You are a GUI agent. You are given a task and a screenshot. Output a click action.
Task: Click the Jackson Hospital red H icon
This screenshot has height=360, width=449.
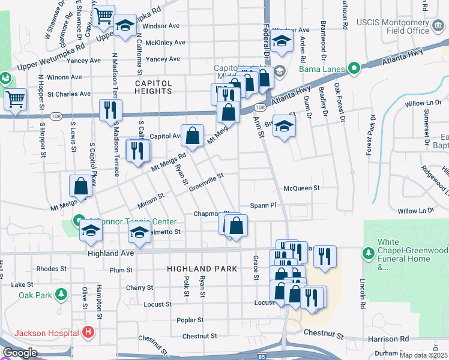coord(88,332)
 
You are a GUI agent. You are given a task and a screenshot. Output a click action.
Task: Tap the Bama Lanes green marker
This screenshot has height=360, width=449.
coord(354,67)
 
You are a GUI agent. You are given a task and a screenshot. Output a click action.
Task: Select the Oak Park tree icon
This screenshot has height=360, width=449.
coord(60,295)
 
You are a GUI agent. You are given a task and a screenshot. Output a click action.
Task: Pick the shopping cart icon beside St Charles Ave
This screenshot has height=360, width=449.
coord(14,99)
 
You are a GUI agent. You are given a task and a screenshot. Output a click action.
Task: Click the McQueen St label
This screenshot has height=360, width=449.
coord(301,188)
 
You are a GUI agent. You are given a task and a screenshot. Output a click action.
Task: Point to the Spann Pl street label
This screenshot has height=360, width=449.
coord(263,205)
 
